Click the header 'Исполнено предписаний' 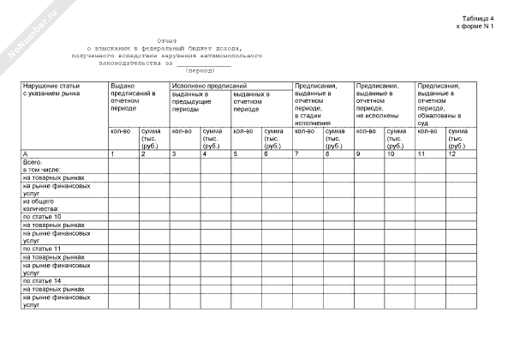click(209, 86)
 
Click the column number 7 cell click(296, 153)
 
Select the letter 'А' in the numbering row click(25, 153)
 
